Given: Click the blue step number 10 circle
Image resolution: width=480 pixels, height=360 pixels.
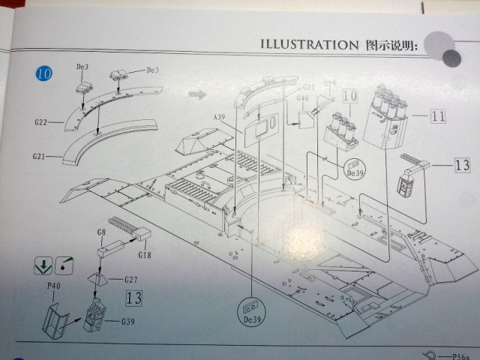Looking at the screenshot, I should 44,74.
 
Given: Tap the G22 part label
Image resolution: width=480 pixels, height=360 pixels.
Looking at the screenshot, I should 40,121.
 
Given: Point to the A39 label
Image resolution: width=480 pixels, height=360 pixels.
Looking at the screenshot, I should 219,117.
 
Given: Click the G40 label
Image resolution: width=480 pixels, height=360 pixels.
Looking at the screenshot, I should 303,97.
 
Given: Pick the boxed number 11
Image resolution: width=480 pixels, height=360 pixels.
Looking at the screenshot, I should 439,116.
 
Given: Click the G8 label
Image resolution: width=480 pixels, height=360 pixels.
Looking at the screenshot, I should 100,233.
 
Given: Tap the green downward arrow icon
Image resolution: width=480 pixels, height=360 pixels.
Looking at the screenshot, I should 43,265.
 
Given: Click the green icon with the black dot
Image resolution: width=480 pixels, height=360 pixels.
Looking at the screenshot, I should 64,265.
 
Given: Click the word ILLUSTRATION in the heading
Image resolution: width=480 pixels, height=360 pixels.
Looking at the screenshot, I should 308,43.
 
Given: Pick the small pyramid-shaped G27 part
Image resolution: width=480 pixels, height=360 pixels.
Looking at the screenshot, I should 97,279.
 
